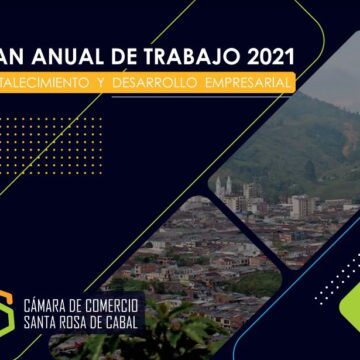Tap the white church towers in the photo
pyautogui.click(x=223, y=185)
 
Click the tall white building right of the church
pyautogui.click(x=301, y=206)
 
